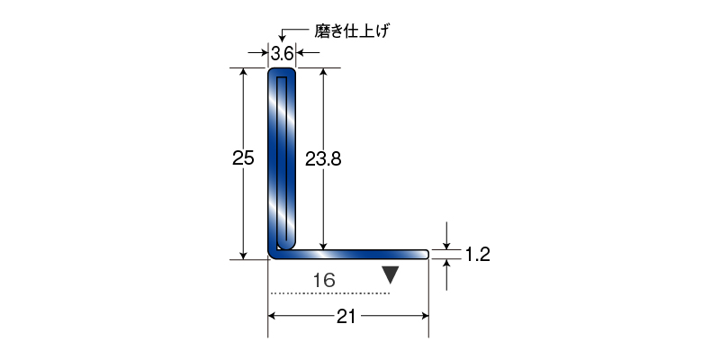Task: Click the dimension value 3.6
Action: coord(282,54)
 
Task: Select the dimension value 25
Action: coord(243,158)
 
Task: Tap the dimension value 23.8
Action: coord(323,159)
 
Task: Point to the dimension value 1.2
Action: coord(478,254)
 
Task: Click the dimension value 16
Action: coord(324,280)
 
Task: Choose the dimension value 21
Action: coord(346,317)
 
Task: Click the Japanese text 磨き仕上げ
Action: coord(352,31)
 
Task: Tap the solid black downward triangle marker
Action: coord(391,275)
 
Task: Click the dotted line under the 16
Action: coord(329,293)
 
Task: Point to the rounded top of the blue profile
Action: coord(282,70)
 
